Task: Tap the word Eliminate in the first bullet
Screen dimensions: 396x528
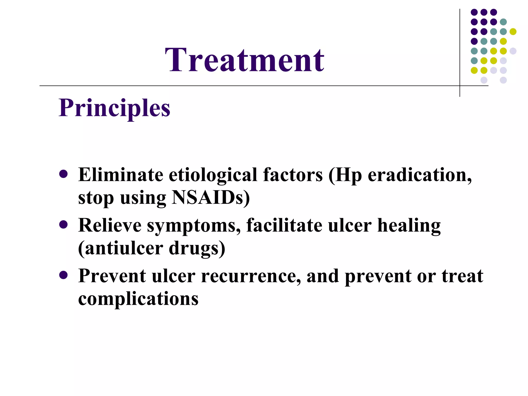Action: pyautogui.click(x=120, y=175)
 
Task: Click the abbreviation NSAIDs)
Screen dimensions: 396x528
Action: pyautogui.click(x=211, y=198)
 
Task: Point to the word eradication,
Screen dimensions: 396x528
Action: pyautogui.click(x=419, y=175)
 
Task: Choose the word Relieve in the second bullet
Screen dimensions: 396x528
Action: pyautogui.click(x=110, y=225)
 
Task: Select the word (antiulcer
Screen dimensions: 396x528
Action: pyautogui.click(x=120, y=248)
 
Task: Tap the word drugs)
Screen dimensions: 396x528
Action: pyautogui.click(x=197, y=248)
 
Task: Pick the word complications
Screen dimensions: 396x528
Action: pyautogui.click(x=138, y=299)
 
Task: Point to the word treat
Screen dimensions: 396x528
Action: pyautogui.click(x=462, y=276)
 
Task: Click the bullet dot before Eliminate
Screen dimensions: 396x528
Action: pyautogui.click(x=63, y=174)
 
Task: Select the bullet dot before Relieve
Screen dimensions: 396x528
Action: pyautogui.click(x=63, y=224)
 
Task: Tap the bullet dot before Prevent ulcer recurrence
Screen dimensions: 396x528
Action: pyautogui.click(x=63, y=275)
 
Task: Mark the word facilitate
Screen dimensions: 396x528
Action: pyautogui.click(x=284, y=225)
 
